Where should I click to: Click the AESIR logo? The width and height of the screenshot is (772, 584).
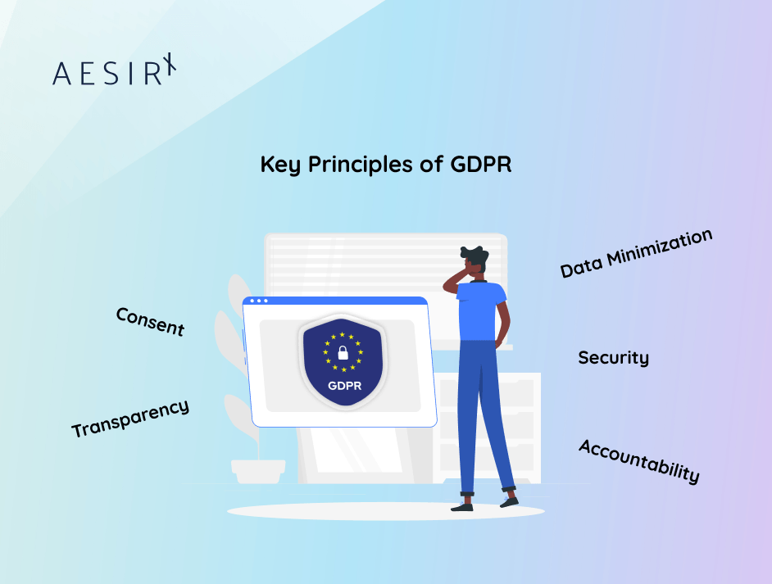pos(114,72)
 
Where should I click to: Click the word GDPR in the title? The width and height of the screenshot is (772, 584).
pos(481,164)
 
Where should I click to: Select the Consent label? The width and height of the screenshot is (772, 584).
pos(150,321)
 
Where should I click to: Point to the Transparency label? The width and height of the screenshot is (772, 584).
pos(130,418)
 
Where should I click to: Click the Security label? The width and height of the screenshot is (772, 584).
pos(613,358)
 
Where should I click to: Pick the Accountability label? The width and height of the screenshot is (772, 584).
pos(639,461)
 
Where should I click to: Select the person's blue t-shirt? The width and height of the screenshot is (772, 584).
pos(481,312)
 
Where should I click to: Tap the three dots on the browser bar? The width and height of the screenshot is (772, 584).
pos(260,301)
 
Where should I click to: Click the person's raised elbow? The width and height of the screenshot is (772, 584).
pos(447,283)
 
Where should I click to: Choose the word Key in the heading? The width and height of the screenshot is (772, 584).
pos(279,165)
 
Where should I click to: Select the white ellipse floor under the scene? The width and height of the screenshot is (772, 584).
pos(385,512)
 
